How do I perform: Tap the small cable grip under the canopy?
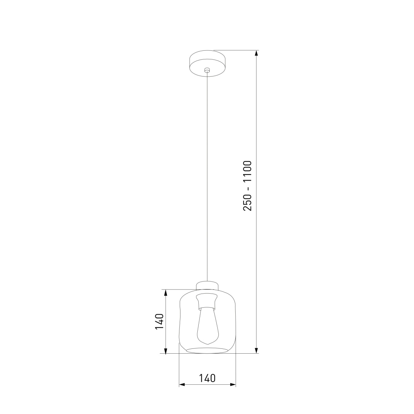pyautogui.click(x=207, y=70)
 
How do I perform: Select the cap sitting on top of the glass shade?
pyautogui.click(x=207, y=286)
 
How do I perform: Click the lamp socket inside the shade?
pyautogui.click(x=207, y=302)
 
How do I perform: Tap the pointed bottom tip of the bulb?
pyautogui.click(x=207, y=344)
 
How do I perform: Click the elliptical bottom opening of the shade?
pyautogui.click(x=207, y=351)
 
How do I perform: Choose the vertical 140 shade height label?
pyautogui.click(x=159, y=321)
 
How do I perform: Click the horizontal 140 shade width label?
pyautogui.click(x=207, y=378)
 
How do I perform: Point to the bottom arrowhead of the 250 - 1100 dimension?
pyautogui.click(x=256, y=350)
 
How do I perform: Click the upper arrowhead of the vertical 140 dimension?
pyautogui.click(x=166, y=293)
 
